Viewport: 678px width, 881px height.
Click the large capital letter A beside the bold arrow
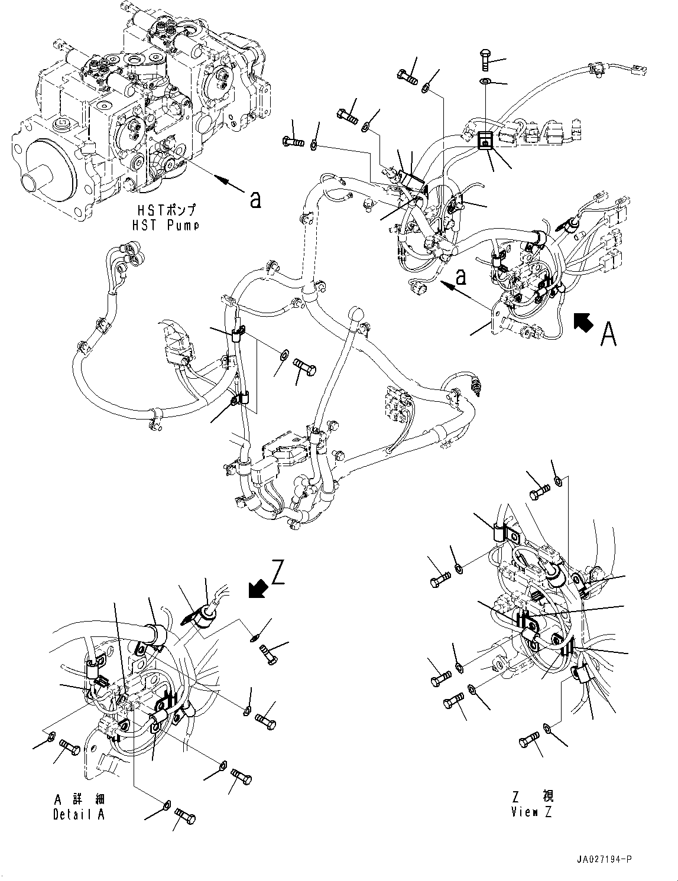(609, 334)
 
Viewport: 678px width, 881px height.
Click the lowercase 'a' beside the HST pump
(255, 201)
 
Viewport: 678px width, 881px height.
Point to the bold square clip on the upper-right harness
(485, 139)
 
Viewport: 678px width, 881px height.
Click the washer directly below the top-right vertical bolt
(485, 80)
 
